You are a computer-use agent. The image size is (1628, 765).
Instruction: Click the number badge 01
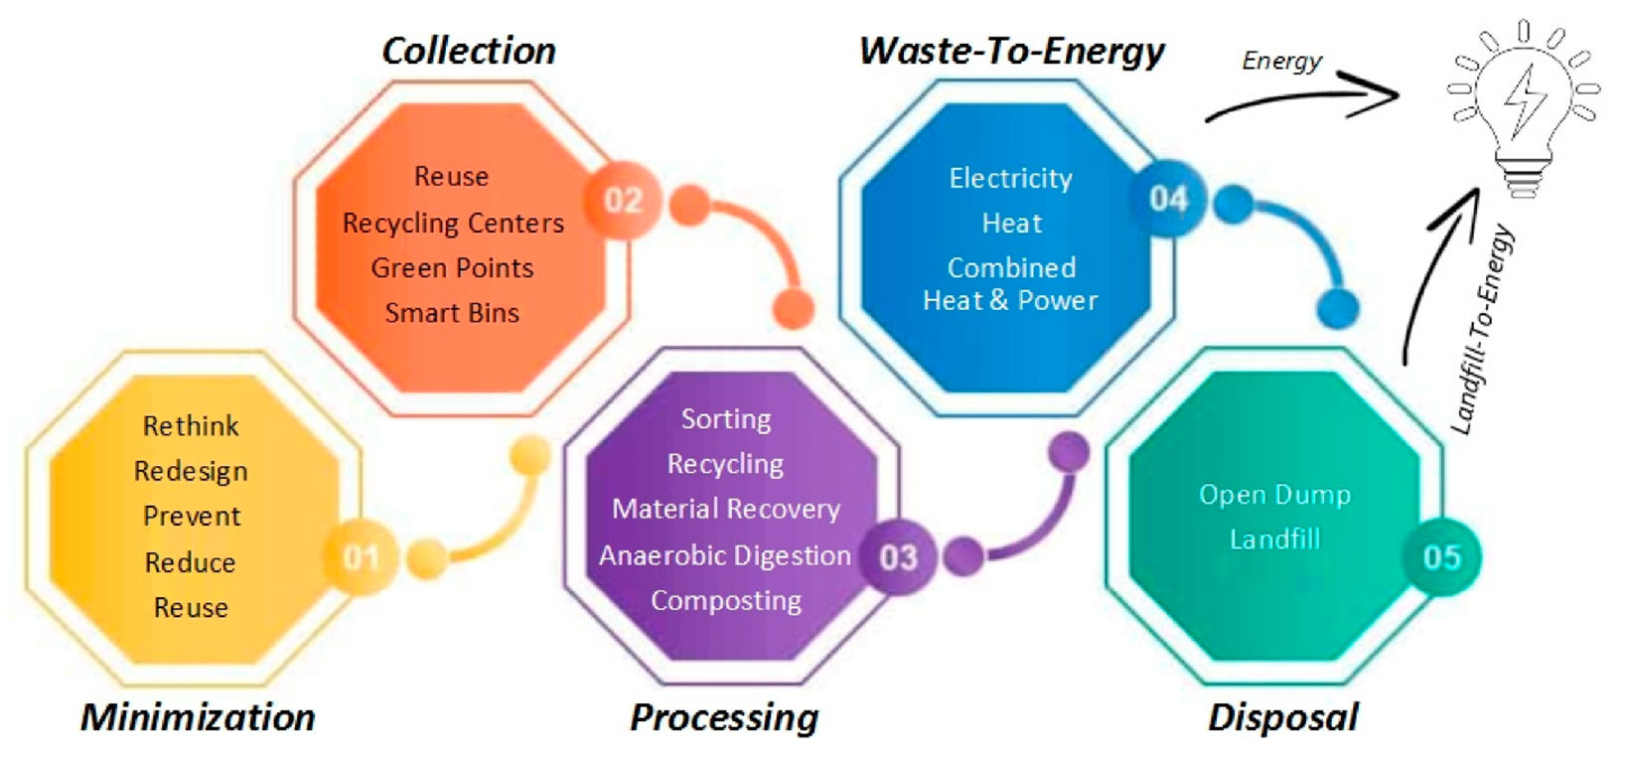coord(362,557)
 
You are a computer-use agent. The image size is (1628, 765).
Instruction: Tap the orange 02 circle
coord(623,200)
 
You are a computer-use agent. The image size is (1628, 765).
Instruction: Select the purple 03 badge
coord(898,557)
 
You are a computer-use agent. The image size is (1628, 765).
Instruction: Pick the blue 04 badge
coord(1167,199)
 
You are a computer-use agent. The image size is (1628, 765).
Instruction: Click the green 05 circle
coord(1442,557)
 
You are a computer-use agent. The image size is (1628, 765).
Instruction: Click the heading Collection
coord(469,51)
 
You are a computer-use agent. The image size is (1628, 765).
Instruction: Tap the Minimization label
coord(198,717)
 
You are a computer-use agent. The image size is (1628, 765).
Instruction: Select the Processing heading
coord(724,718)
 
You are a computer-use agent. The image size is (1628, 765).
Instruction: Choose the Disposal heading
coord(1282,718)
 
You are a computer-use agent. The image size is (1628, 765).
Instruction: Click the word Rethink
coord(191,426)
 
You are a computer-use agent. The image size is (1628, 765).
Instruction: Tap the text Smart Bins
coord(452,313)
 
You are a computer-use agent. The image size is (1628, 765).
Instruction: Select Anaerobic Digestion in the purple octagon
coord(725,556)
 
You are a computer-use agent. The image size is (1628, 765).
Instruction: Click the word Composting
coord(726,602)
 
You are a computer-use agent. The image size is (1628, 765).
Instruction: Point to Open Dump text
coord(1274,495)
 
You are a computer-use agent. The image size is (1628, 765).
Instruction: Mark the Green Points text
coord(452,268)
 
